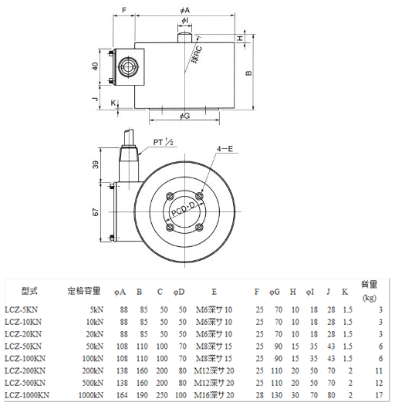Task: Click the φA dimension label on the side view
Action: (184, 10)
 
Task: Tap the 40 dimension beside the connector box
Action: (95, 66)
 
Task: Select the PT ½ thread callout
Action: (162, 143)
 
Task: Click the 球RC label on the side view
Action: (197, 54)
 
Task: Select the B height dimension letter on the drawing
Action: (248, 73)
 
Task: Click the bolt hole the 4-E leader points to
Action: (199, 194)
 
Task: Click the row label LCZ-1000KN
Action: (27, 394)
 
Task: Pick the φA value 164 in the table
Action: (122, 394)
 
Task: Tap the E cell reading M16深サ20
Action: (214, 394)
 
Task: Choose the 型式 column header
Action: (30, 292)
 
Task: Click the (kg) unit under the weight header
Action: (370, 297)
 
